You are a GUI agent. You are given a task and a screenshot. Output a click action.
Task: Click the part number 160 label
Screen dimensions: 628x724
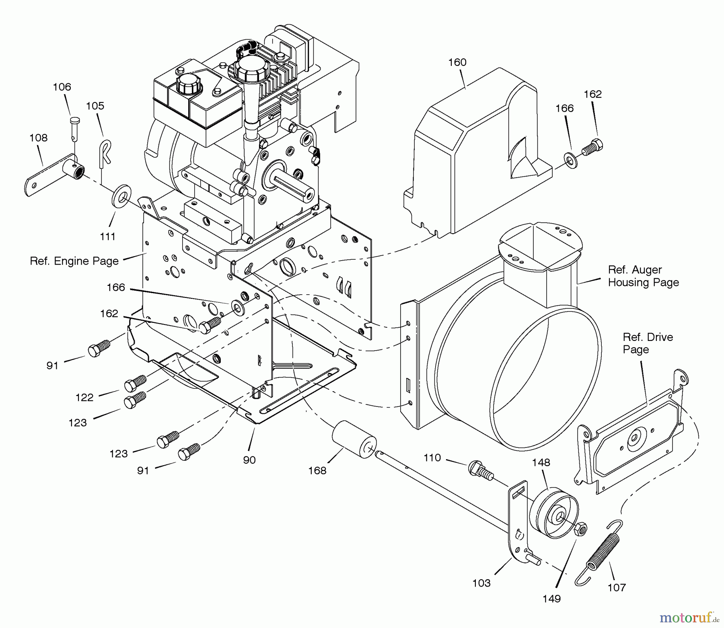(457, 62)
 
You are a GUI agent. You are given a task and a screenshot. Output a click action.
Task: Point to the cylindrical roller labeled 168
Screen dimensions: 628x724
(354, 439)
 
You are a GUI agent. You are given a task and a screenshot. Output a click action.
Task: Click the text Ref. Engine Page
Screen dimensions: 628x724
(74, 261)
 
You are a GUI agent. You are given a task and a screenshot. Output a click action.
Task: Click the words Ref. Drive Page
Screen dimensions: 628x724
(648, 343)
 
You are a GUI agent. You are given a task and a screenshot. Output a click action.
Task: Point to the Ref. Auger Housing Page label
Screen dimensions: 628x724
(643, 276)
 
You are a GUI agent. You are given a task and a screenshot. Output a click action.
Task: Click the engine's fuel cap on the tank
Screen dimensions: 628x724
(188, 82)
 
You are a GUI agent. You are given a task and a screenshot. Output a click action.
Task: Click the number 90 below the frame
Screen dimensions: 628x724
(249, 460)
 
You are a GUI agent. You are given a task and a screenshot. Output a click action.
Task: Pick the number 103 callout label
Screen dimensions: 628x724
(481, 583)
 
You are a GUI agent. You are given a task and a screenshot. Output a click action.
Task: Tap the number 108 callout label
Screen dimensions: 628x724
(38, 138)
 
